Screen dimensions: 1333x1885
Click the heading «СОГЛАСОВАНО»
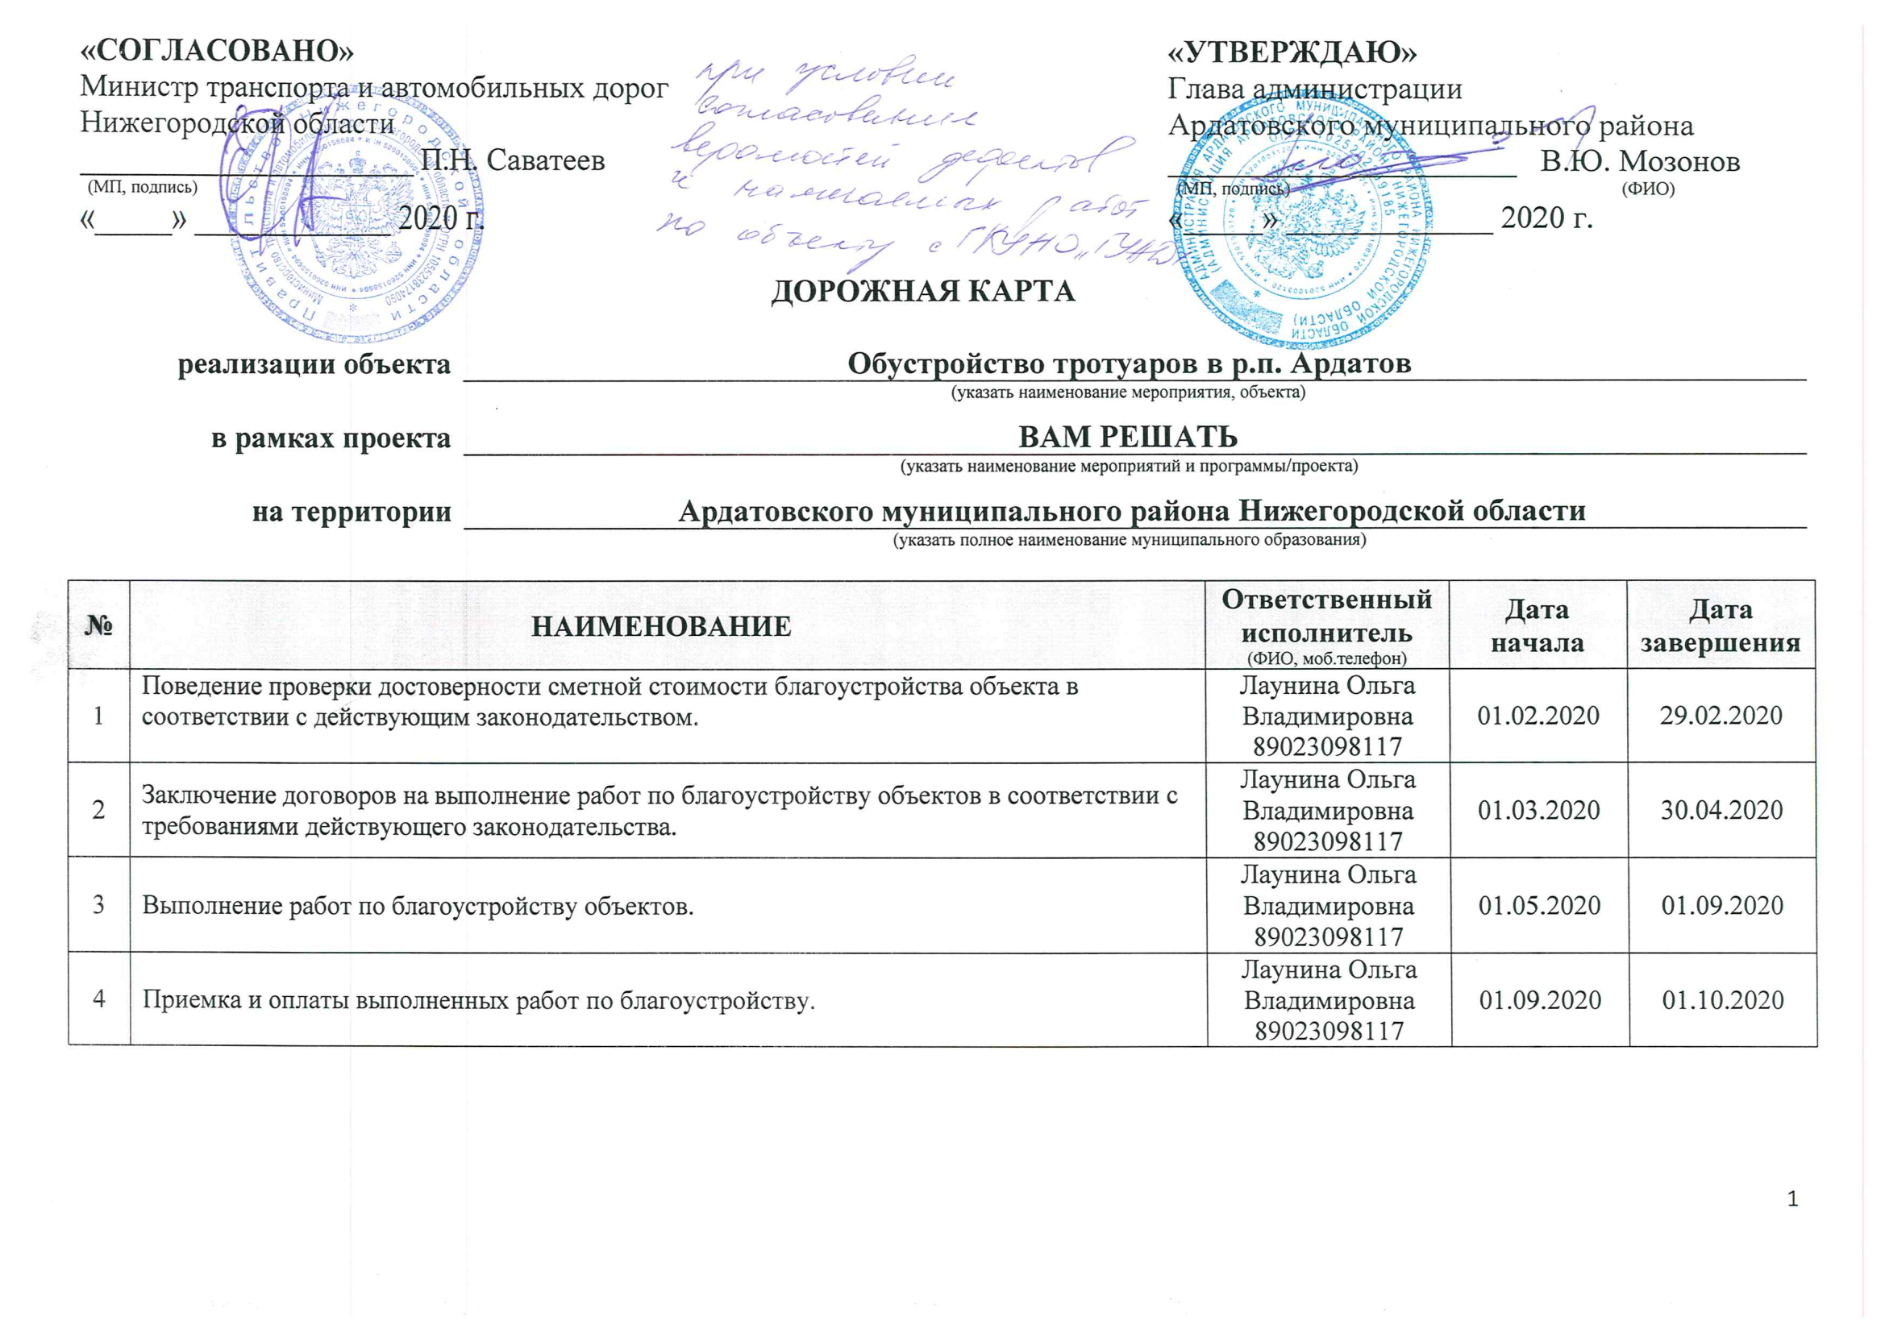pyautogui.click(x=217, y=51)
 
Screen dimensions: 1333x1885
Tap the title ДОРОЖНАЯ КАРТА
pyautogui.click(x=923, y=292)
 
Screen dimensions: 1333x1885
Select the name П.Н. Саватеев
pyautogui.click(x=512, y=160)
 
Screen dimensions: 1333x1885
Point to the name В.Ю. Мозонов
pyautogui.click(x=1640, y=162)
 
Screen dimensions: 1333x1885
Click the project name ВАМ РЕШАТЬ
pyautogui.click(x=1127, y=438)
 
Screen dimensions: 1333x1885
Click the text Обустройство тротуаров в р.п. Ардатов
pyautogui.click(x=1129, y=363)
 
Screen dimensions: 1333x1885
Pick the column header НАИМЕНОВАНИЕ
pyautogui.click(x=661, y=627)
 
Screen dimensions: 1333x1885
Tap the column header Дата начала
pyautogui.click(x=1537, y=626)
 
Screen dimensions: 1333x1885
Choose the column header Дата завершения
pyautogui.click(x=1720, y=626)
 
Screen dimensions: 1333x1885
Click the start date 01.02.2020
pyautogui.click(x=1538, y=716)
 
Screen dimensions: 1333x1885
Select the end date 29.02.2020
pyautogui.click(x=1721, y=716)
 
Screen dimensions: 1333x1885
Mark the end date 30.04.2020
pyautogui.click(x=1721, y=811)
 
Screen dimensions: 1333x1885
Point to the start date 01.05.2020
pyautogui.click(x=1539, y=906)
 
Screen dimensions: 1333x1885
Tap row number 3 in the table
pyautogui.click(x=98, y=905)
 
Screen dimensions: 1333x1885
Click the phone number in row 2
pyautogui.click(x=1328, y=842)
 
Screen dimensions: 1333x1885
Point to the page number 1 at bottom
pyautogui.click(x=1792, y=1199)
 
